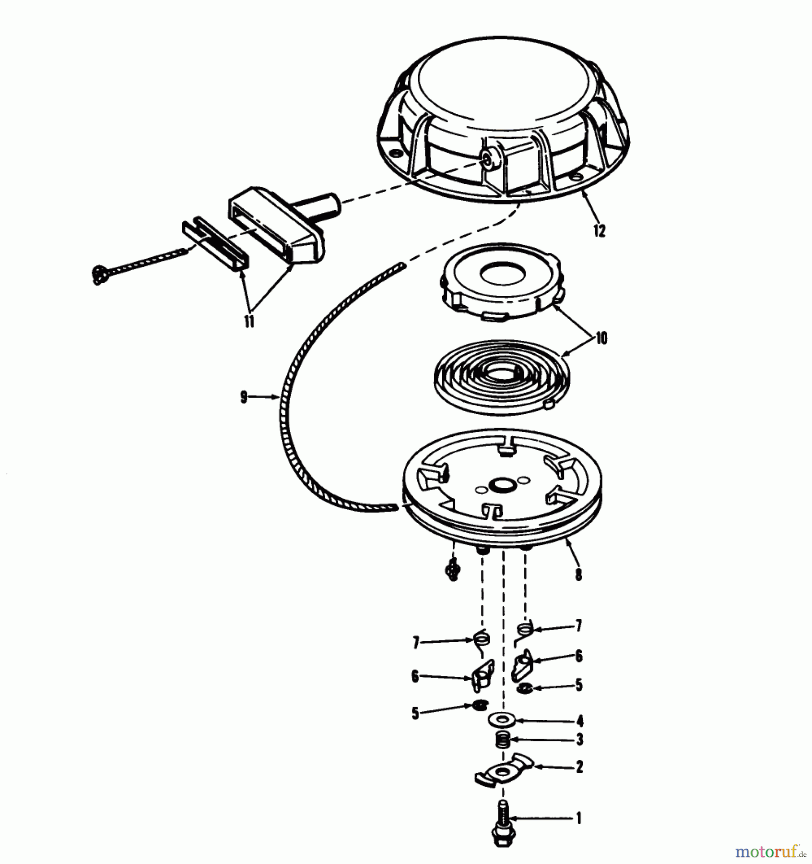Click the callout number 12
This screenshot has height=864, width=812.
click(x=599, y=230)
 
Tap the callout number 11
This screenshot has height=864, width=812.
click(x=249, y=321)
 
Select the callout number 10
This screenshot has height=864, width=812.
click(x=601, y=338)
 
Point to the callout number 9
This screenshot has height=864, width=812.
click(x=244, y=397)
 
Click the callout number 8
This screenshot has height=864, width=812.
click(x=579, y=574)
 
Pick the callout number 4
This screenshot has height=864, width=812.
click(x=580, y=720)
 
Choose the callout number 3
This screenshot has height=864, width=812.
click(x=580, y=740)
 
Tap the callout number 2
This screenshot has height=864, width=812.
click(x=579, y=767)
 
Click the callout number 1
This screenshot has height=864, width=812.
click(x=579, y=818)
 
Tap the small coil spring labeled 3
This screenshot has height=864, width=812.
click(x=502, y=741)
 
